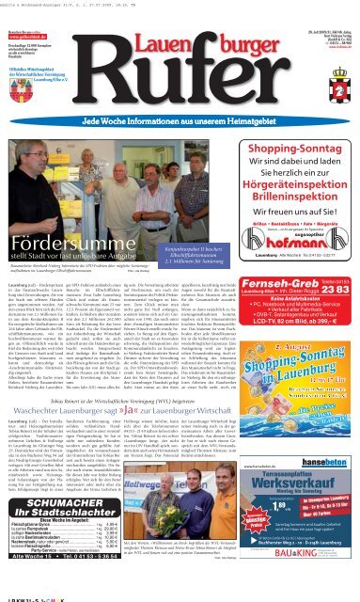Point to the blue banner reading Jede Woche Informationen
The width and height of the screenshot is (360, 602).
[x=179, y=124]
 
